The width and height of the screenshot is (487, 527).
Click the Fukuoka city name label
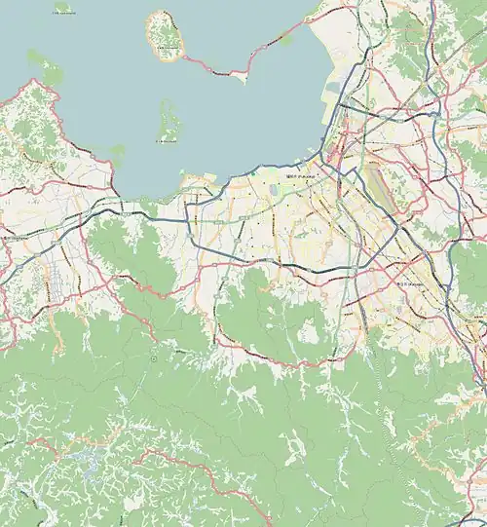click(297, 176)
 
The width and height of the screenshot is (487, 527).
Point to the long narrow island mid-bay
click(168, 121)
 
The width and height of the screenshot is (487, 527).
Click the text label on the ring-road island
click(167, 52)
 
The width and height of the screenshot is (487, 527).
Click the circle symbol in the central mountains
click(154, 358)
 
